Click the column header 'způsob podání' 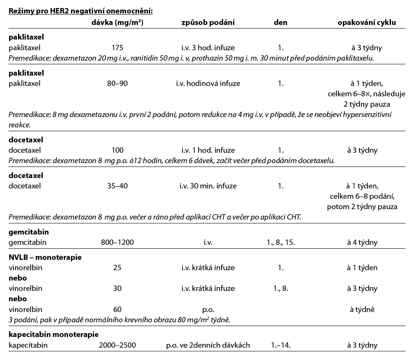pos(208,23)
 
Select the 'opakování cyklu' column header pos(366,23)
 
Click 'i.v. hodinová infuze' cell pos(208,84)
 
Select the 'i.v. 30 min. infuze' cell pos(208,186)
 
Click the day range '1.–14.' pos(280,345)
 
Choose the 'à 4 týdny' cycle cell pos(362,242)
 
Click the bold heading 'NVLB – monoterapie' pos(45,257)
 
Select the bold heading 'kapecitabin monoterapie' pos(54,334)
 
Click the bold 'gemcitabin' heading pos(28,232)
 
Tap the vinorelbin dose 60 pos(117,309)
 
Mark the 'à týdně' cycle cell pos(362,309)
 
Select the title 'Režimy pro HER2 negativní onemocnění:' pos(81,11)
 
